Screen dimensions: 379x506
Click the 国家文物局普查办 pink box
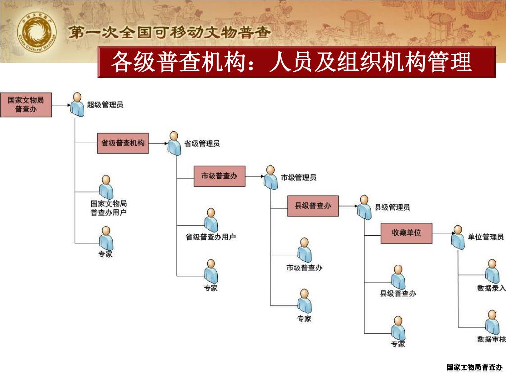[x=26, y=105]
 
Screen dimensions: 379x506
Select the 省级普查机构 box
[x=123, y=143]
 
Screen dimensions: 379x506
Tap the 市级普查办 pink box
[x=219, y=176]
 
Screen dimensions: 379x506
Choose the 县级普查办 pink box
[x=313, y=206]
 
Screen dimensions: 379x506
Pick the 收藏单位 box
[x=406, y=233]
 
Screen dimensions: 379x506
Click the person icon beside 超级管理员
[x=76, y=104]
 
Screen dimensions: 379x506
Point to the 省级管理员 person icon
[x=173, y=144]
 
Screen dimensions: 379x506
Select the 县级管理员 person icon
[x=364, y=207]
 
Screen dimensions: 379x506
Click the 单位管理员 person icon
[x=458, y=237]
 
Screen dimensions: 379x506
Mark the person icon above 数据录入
[x=491, y=271]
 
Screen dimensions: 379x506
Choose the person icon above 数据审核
[x=491, y=322]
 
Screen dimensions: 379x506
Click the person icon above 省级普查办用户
[x=211, y=220]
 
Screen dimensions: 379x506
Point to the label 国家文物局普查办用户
[x=108, y=208]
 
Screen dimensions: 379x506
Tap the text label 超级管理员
[x=105, y=105]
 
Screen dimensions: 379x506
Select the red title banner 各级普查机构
[x=296, y=63]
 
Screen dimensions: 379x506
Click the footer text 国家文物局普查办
[x=474, y=367]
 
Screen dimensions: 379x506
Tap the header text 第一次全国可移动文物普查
[x=169, y=33]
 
